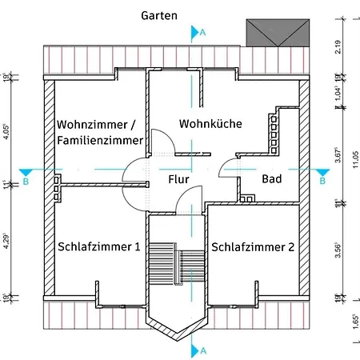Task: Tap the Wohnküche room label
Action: tap(210, 124)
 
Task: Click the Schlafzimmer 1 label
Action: tap(99, 246)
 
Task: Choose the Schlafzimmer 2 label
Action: tap(253, 246)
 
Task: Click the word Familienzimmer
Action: tap(100, 141)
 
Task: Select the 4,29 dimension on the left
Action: tap(6, 240)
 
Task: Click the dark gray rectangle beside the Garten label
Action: tap(277, 33)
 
